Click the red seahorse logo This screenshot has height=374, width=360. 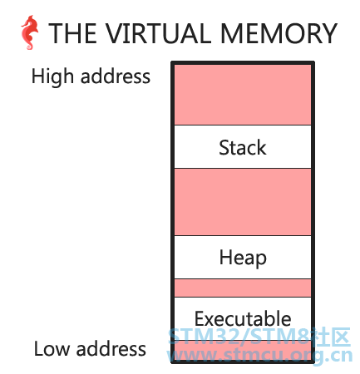[29, 32]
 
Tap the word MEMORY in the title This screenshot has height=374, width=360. [279, 33]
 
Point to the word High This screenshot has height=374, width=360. [52, 76]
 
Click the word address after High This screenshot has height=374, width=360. [116, 76]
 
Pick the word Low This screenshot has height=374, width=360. [52, 348]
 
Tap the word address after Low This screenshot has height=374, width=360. [111, 348]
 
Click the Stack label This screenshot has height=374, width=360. [243, 147]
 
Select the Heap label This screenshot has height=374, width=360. [243, 258]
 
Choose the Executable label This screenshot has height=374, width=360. [243, 318]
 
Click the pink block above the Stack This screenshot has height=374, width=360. [243, 95]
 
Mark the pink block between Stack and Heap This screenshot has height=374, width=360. [243, 202]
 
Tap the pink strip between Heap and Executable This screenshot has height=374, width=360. [243, 288]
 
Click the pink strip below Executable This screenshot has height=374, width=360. [243, 350]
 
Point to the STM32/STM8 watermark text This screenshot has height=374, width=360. [259, 337]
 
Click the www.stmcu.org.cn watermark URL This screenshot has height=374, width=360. [259, 356]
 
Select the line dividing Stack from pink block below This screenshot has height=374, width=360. [243, 168]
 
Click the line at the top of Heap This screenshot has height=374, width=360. [243, 235]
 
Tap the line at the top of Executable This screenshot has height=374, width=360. [243, 297]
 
